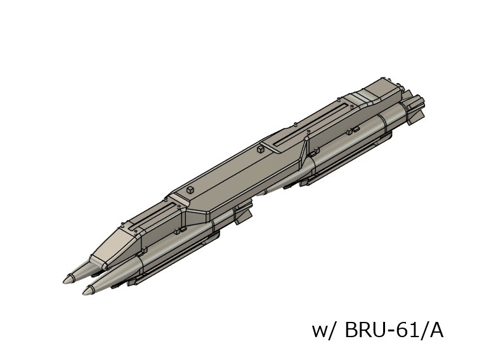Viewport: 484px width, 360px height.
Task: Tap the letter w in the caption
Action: [x=319, y=331]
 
